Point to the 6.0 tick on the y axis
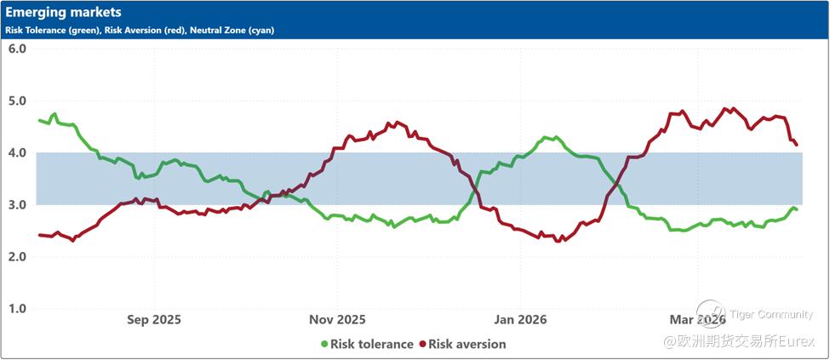(x=17, y=49)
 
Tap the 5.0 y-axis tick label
(x=17, y=100)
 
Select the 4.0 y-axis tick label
(x=17, y=152)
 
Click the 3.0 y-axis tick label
(x=17, y=204)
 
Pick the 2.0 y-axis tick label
(x=17, y=256)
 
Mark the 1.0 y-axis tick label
(x=17, y=308)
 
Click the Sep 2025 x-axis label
(x=153, y=320)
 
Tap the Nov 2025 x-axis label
(x=337, y=320)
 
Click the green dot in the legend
(x=324, y=345)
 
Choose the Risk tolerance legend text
(x=371, y=345)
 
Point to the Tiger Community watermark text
(x=771, y=314)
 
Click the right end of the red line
(x=797, y=145)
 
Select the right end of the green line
(x=796, y=209)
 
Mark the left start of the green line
(x=39, y=120)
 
